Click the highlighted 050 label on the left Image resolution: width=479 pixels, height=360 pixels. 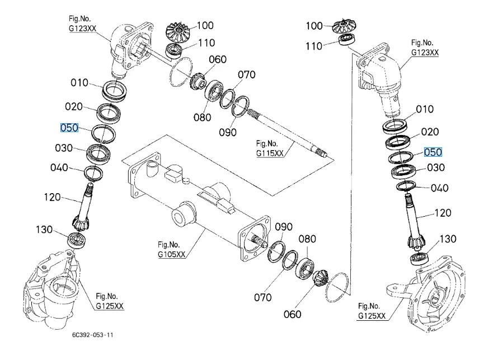(69, 128)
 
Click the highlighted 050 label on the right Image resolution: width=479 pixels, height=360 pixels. (433, 152)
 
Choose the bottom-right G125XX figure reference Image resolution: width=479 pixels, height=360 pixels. (372, 316)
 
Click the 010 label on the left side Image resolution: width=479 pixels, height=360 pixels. (79, 83)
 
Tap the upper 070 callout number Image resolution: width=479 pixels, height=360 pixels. (247, 74)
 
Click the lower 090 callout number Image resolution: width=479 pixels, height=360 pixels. (284, 227)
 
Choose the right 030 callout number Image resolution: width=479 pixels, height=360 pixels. (435, 167)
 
